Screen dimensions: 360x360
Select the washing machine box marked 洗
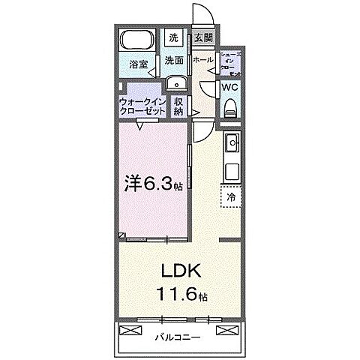click(x=173, y=37)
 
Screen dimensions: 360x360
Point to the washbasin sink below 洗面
click(x=177, y=83)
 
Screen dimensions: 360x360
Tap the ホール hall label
click(x=202, y=58)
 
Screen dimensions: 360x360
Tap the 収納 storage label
click(x=178, y=106)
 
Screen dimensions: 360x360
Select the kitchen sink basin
click(x=231, y=142)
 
